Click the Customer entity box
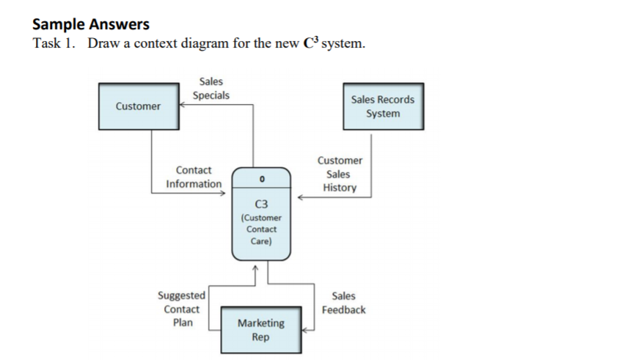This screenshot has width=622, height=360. coord(138,106)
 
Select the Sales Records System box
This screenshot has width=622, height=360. coord(382,106)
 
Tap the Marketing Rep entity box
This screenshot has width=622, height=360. coord(261,330)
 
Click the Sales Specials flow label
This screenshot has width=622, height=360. coord(211,88)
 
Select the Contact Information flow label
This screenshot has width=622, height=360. coord(194,177)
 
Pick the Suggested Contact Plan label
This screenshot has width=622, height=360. coord(181,309)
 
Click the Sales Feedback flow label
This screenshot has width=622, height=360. coord(343,303)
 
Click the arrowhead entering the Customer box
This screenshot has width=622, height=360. coord(183,104)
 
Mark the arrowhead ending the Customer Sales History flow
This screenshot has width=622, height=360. coord(300,196)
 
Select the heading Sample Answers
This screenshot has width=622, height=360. coord(90,23)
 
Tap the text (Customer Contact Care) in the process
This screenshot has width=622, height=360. coord(261,229)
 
